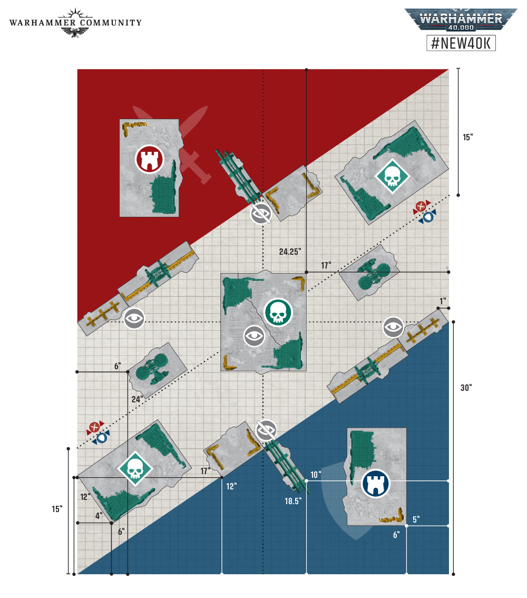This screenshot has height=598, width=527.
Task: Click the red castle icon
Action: pos(150,159)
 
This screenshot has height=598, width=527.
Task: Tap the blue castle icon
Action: pos(375,483)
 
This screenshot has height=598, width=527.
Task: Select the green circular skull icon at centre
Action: pos(278,312)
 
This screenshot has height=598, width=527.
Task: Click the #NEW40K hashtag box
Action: pos(461,43)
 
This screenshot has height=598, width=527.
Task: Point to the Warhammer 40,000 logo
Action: pos(461,20)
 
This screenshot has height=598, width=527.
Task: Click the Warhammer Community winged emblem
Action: pos(75,23)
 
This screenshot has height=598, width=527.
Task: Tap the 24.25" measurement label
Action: pos(290,252)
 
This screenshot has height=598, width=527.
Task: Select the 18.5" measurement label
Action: pos(293,501)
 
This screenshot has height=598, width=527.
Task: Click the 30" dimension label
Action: pos(466,388)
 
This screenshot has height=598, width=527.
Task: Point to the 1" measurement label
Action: pos(442,301)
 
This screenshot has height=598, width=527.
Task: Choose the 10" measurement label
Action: pos(316,475)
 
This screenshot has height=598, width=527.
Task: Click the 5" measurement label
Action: pos(416,519)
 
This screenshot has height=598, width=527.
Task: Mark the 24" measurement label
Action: pos(137,399)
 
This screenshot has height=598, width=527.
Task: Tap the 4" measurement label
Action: pos(99,516)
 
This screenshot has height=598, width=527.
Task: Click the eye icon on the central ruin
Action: pos(254,336)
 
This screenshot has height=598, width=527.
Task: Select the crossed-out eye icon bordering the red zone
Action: pos(261,213)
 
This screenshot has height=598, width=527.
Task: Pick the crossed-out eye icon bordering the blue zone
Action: pos(266,431)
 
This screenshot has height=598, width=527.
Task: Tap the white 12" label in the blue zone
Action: pos(231,486)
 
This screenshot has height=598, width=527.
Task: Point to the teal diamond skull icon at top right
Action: pos(392,176)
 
